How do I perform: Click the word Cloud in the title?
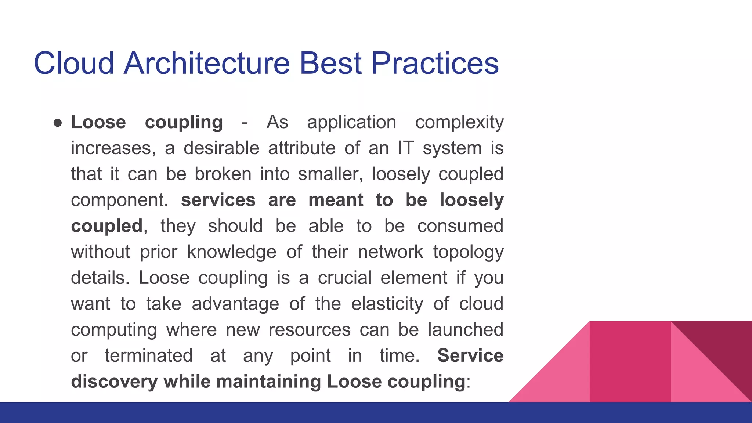73,63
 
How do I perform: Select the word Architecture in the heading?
207,63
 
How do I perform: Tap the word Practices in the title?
435,63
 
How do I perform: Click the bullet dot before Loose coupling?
57,123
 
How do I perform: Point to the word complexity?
459,123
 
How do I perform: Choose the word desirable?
221,148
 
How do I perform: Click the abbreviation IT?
406,148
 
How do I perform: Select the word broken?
223,174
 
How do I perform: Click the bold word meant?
336,200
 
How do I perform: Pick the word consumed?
460,226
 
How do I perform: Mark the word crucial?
345,278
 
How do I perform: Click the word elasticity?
387,304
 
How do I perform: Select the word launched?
465,330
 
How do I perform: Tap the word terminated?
148,356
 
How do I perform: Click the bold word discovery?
114,382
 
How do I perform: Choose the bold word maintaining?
268,382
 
